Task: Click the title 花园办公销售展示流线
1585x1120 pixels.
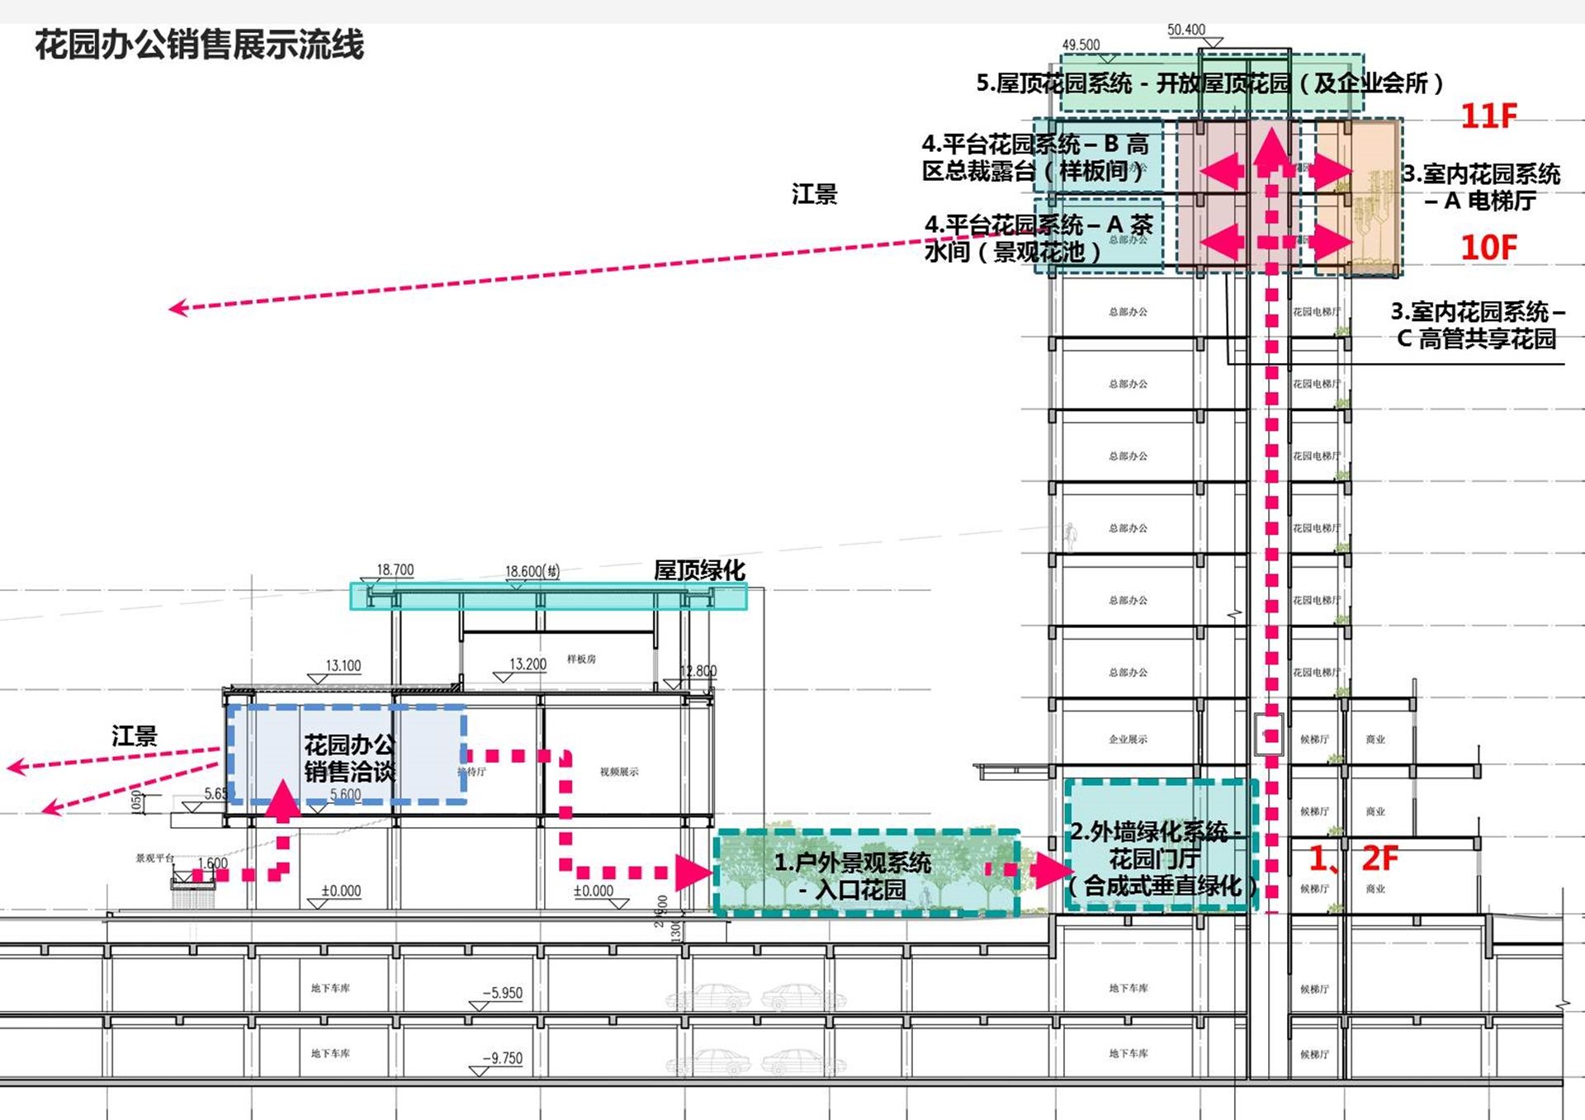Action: pyautogui.click(x=199, y=45)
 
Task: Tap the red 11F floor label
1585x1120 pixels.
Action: pyautogui.click(x=1488, y=116)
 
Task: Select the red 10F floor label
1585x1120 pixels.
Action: pyautogui.click(x=1488, y=248)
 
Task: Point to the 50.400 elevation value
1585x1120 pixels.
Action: pyautogui.click(x=1185, y=30)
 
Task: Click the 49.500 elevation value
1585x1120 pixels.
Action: pyautogui.click(x=1081, y=45)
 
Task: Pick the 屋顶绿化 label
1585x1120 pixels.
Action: pyautogui.click(x=699, y=570)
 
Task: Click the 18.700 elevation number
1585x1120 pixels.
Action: pyautogui.click(x=395, y=570)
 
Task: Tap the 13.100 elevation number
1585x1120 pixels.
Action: pyautogui.click(x=343, y=666)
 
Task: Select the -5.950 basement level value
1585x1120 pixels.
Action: pyautogui.click(x=503, y=993)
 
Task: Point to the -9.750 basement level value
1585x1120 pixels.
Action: pyautogui.click(x=503, y=1058)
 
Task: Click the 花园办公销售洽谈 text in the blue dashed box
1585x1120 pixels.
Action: pyautogui.click(x=349, y=758)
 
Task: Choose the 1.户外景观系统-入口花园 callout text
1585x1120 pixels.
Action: pyautogui.click(x=853, y=876)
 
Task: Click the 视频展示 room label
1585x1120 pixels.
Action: pyautogui.click(x=619, y=772)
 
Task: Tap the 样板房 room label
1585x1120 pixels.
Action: pyautogui.click(x=581, y=659)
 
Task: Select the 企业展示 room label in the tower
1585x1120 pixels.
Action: pyautogui.click(x=1128, y=740)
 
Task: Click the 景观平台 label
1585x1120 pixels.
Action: pyautogui.click(x=155, y=858)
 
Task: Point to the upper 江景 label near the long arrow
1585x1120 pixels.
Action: pyautogui.click(x=814, y=195)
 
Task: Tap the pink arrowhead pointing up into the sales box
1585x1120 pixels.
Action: pyautogui.click(x=282, y=801)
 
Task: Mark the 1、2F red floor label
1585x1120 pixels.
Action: pyautogui.click(x=1354, y=858)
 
